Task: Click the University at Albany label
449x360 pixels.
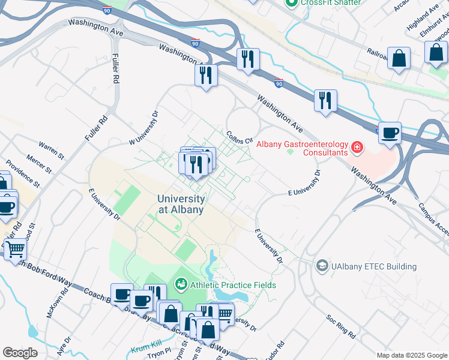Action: point(181,205)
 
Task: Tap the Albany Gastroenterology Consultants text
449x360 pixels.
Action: point(302,148)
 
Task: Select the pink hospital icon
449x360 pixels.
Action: point(357,146)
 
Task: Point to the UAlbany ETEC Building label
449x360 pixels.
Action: point(374,266)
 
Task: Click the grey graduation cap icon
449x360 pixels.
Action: point(322,266)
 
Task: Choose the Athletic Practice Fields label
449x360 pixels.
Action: point(233,284)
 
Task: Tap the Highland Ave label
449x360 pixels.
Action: point(420,22)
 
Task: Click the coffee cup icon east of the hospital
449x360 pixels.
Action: point(390,133)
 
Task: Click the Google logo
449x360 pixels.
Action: point(20,353)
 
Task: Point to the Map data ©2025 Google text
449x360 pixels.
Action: point(411,355)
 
